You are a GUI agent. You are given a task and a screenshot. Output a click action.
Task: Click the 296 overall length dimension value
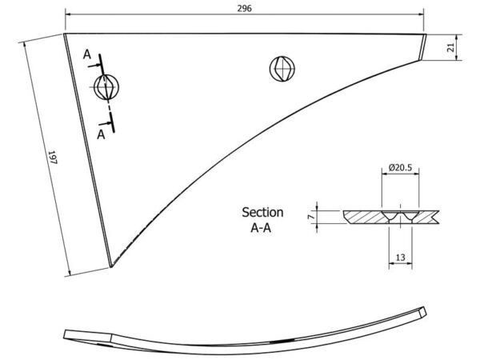[x=244, y=8]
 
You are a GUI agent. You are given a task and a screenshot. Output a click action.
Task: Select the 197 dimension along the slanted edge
[x=53, y=158]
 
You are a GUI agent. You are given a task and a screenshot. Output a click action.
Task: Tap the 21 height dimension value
[x=450, y=47]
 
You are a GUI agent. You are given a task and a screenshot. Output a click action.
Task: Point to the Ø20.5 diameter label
[x=400, y=167]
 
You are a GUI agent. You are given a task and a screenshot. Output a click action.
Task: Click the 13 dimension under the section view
[x=400, y=258]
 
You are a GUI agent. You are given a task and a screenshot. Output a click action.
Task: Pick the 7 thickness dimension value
[x=311, y=217]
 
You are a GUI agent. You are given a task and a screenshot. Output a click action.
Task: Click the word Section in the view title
[x=262, y=212]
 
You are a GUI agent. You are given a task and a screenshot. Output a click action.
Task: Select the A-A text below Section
[x=261, y=228]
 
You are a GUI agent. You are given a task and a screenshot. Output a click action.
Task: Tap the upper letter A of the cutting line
[x=87, y=54]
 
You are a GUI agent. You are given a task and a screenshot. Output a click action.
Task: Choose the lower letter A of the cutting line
[x=101, y=134]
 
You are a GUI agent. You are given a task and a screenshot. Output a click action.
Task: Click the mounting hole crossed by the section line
[x=106, y=87]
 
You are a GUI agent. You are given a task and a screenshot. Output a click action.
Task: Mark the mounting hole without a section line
[x=282, y=69]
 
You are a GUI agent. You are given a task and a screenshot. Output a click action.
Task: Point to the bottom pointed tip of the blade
[x=111, y=267]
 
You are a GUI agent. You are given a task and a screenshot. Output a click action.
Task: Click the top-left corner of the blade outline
[x=64, y=34]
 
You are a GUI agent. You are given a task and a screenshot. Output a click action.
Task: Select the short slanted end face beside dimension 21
[x=422, y=47]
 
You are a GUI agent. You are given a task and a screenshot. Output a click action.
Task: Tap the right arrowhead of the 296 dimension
[x=421, y=14]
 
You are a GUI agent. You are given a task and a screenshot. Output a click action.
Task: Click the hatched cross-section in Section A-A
[x=391, y=217]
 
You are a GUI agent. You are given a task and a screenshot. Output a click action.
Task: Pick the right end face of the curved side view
[x=422, y=312]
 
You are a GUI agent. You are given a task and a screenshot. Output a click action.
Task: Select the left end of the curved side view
[x=66, y=334]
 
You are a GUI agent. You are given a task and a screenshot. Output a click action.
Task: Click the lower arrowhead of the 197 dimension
[x=69, y=273]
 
